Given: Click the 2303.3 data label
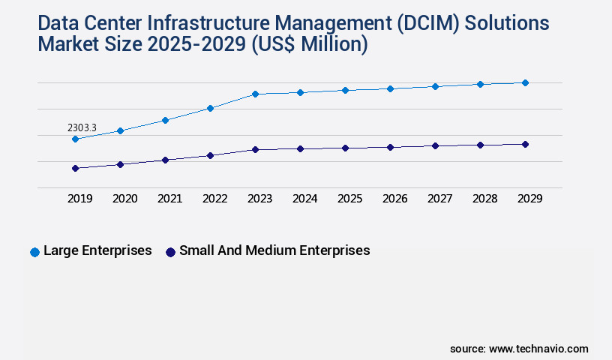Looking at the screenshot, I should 82,128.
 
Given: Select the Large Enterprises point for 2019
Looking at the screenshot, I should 75,139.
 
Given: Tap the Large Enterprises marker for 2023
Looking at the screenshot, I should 255,94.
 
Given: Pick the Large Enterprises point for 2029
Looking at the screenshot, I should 525,82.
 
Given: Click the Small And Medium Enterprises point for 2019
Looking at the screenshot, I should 75,168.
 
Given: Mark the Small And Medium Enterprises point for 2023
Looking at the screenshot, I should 255,149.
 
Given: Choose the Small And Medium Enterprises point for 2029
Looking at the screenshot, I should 525,144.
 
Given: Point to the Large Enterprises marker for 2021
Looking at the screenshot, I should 165,120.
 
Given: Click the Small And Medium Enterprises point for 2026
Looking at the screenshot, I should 390,147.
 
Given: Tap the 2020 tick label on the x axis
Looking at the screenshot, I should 124,199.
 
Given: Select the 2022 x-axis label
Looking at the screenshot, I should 214,199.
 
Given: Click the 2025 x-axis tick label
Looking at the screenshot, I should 349,199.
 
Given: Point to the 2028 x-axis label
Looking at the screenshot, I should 484,199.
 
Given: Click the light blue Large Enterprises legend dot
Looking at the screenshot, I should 34,252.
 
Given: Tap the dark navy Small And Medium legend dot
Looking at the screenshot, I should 170,252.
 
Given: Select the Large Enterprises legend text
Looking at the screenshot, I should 97,250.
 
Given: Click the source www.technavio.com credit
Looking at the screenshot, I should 519,349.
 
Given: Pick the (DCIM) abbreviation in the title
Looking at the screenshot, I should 420,24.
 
